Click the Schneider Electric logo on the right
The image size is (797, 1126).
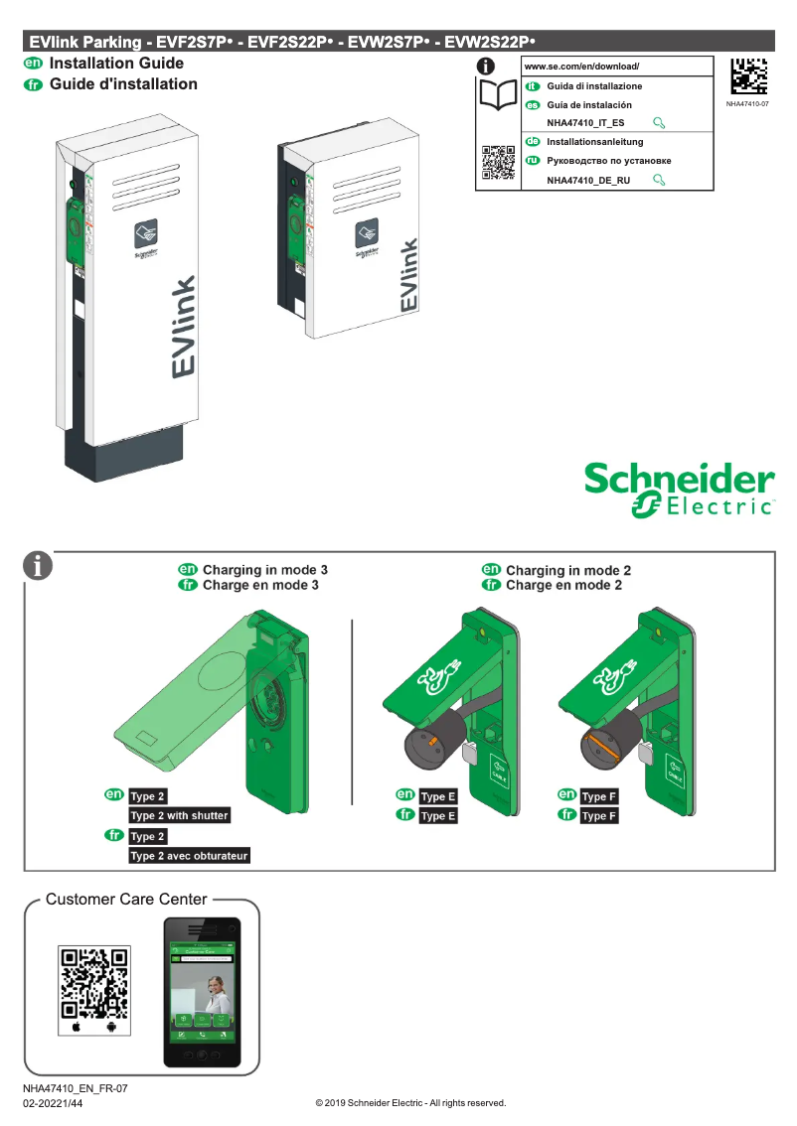[x=679, y=490]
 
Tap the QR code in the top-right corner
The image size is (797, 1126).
[x=748, y=77]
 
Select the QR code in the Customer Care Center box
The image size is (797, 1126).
[x=94, y=982]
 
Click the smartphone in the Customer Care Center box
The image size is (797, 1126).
[x=202, y=994]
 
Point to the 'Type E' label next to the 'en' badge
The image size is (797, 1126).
[x=438, y=796]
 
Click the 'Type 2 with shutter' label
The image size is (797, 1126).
[x=180, y=815]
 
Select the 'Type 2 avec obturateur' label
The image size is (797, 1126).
[x=189, y=855]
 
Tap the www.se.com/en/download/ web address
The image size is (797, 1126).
[x=581, y=67]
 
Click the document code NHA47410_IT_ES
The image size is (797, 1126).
[x=585, y=123]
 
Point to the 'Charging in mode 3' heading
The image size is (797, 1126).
[x=264, y=570]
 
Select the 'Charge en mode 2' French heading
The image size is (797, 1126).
[x=563, y=586]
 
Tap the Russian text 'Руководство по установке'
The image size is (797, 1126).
[x=608, y=161]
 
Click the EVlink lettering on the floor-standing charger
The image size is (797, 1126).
[x=183, y=329]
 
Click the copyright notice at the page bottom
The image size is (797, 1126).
[x=410, y=1103]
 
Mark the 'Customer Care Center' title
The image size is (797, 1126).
[x=126, y=900]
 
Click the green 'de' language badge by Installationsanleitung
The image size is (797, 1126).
[x=532, y=142]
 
